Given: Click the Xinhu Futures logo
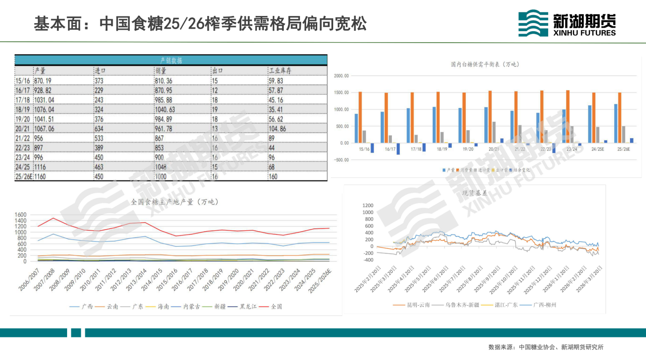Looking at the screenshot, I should point(567,24).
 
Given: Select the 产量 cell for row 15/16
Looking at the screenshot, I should point(43,81).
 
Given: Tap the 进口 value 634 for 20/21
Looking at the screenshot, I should point(100,128).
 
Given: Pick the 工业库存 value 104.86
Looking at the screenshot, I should point(278,128).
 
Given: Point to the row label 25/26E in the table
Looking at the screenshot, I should point(24,176).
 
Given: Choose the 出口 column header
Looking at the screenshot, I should point(217,71).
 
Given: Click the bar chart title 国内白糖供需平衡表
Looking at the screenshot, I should point(485,64).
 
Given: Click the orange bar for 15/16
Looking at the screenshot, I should point(360,117).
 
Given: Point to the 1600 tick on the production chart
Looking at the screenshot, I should point(21,215).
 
